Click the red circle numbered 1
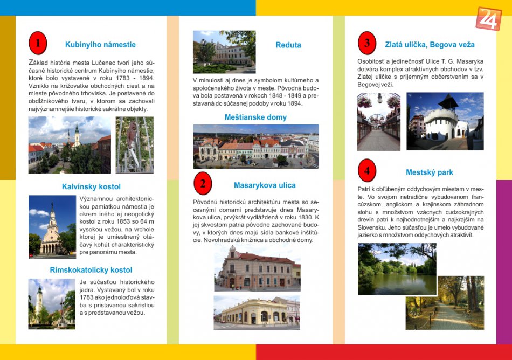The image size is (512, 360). point(38,44)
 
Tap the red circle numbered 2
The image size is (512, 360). point(203,184)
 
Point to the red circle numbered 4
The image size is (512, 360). point(367,171)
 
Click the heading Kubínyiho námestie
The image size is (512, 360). point(100,45)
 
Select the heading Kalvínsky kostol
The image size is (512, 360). point(91,187)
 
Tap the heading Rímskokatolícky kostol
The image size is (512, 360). point(91,270)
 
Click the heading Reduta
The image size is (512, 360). point(288,45)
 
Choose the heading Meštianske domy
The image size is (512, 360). point(255,117)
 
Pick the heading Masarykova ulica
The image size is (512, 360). point(265,185)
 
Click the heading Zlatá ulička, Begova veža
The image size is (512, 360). point(430,45)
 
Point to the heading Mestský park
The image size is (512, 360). point(430,172)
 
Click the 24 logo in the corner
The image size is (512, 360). point(488,19)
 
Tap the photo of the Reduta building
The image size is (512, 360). point(224,52)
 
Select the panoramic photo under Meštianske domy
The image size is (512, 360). point(256,147)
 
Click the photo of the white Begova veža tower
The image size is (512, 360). point(445,121)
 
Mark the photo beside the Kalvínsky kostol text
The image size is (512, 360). point(52,226)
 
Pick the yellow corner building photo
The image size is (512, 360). point(257,313)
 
